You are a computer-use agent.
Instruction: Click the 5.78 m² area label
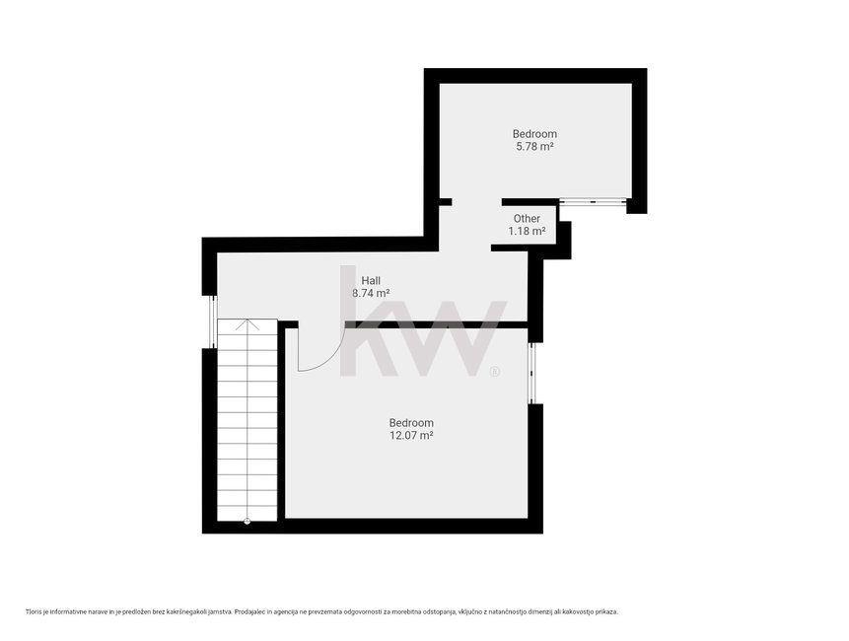tap(534, 146)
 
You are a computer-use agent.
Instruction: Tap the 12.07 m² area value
tap(411, 435)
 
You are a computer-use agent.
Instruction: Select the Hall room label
tap(371, 280)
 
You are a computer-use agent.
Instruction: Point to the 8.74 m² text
tap(371, 294)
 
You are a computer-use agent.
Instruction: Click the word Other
tap(527, 218)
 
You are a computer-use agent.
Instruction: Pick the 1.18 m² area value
tap(527, 231)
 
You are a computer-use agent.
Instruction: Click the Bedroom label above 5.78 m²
tap(535, 133)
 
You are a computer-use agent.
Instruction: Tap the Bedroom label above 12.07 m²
tap(411, 422)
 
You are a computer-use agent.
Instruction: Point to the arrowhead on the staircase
tap(247, 323)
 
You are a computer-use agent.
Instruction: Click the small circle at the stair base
tap(247, 522)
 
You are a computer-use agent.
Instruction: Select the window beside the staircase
tap(212, 321)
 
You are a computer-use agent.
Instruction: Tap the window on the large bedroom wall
tap(531, 373)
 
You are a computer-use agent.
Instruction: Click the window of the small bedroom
tap(593, 201)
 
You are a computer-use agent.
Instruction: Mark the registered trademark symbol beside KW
tap(495, 372)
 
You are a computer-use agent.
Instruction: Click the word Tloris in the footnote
tap(34, 611)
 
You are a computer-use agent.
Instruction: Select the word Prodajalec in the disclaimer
tap(249, 611)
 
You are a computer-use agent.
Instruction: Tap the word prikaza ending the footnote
tap(606, 611)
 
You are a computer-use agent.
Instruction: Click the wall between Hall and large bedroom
tap(437, 324)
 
